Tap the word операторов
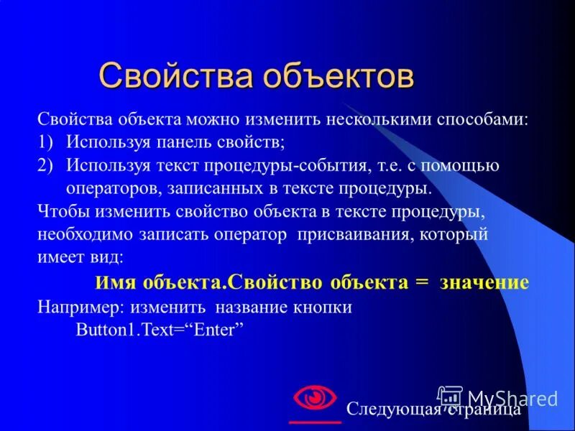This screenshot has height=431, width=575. pyautogui.click(x=111, y=188)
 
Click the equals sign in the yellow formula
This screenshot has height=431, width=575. pyautogui.click(x=421, y=282)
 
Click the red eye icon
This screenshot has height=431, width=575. pyautogui.click(x=315, y=397)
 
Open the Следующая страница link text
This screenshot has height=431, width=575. pyautogui.click(x=433, y=409)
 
